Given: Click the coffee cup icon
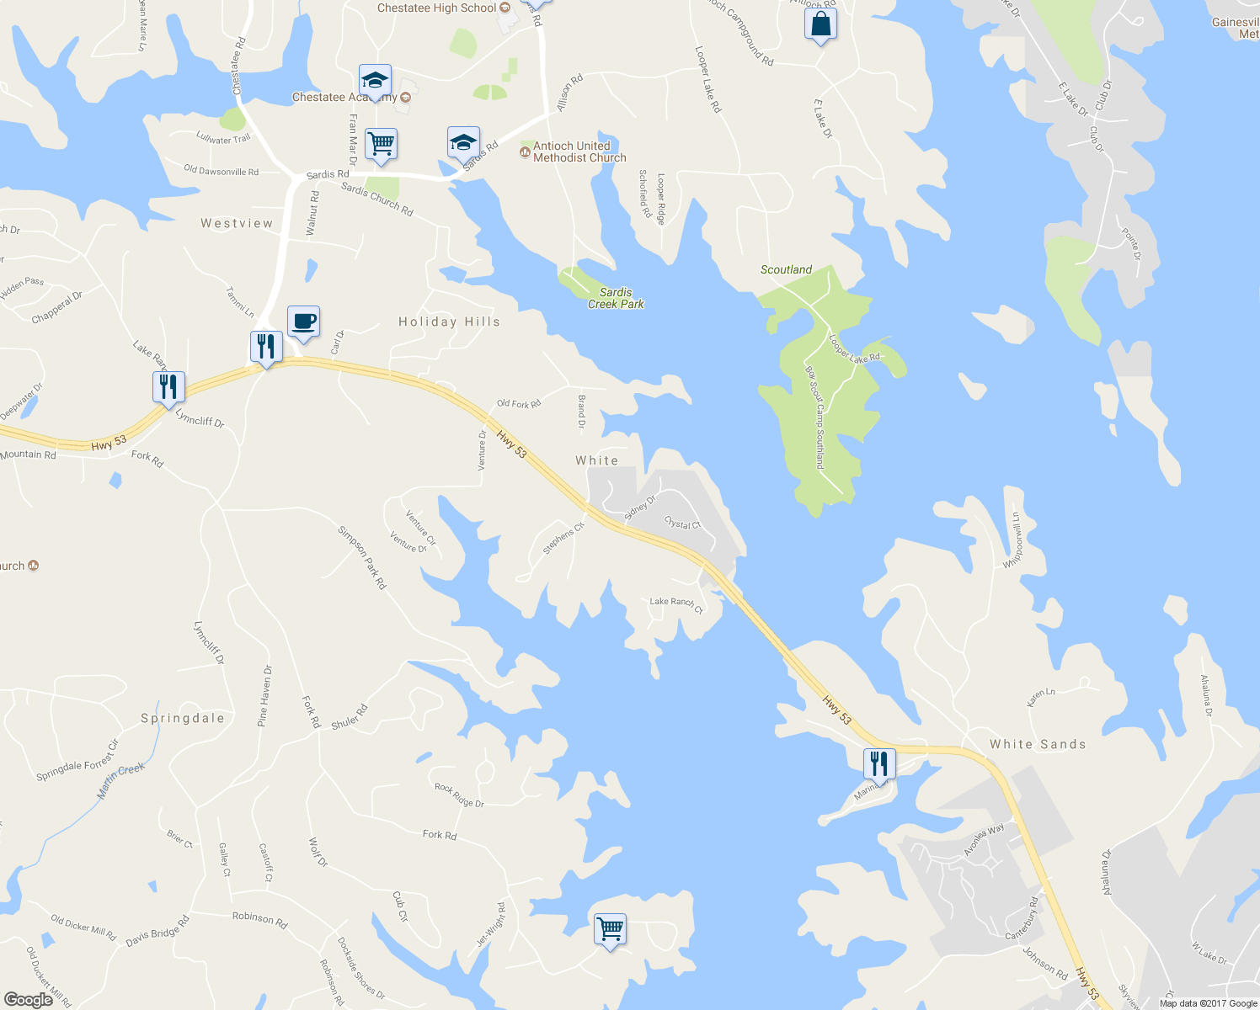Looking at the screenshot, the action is [x=303, y=322].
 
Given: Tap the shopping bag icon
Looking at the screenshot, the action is [x=820, y=24].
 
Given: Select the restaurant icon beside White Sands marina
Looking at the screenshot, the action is [x=878, y=763].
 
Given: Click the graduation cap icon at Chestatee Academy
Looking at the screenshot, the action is [x=375, y=81].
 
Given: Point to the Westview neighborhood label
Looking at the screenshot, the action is [x=237, y=223].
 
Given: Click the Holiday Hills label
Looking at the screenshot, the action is [x=449, y=322].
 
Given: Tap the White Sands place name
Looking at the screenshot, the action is [x=1038, y=744].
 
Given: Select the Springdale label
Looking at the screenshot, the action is [x=183, y=718].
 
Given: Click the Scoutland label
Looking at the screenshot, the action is [x=786, y=269].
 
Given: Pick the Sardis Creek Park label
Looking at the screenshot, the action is [x=616, y=298].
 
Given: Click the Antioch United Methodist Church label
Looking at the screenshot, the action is [x=579, y=151].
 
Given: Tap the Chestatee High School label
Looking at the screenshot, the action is [x=436, y=8].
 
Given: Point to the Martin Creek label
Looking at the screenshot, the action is [x=121, y=780].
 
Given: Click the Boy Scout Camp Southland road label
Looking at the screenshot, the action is [x=814, y=417].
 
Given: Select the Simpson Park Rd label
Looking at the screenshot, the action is [x=362, y=557].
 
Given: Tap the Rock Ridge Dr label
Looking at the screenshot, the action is [x=459, y=795].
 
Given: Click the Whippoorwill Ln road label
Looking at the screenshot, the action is [x=1013, y=540].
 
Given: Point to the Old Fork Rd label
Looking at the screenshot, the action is [x=519, y=404].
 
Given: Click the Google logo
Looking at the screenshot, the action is [x=28, y=999].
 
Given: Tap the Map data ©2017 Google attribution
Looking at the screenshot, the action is [x=1208, y=1003].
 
